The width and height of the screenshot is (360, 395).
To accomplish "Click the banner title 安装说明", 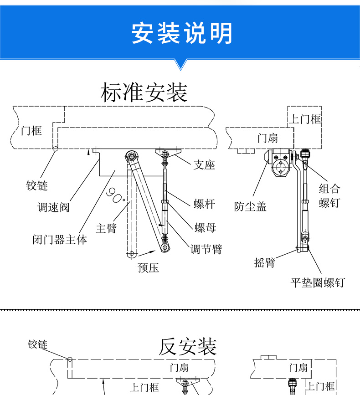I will (182, 33).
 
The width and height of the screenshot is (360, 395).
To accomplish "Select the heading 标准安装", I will (144, 92).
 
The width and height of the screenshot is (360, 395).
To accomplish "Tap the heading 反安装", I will (187, 347).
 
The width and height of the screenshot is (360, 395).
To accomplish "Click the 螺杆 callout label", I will (204, 204).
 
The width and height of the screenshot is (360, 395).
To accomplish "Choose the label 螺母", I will (205, 227).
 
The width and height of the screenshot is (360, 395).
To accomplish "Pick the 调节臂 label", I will (206, 249).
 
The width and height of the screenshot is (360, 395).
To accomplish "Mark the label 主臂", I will (107, 228).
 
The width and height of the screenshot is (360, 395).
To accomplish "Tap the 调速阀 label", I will (53, 208).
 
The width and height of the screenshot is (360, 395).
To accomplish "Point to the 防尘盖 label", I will (250, 207).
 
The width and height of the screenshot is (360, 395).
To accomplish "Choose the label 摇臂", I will (265, 262).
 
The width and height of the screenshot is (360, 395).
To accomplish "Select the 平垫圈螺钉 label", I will (318, 282).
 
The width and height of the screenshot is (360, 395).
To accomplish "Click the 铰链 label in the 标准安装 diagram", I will (37, 185).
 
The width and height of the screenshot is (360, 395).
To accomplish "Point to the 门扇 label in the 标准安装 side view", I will (267, 138).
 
